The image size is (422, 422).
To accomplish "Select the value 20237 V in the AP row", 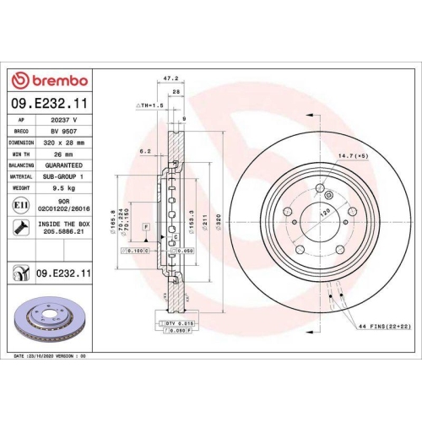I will coord(64,121).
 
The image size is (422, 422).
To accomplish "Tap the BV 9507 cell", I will coord(64,132).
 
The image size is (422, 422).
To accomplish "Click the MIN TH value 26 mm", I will coord(64,154).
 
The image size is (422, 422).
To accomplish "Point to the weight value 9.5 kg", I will coord(64,188).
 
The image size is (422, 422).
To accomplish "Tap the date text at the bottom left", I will coord(51,356).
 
